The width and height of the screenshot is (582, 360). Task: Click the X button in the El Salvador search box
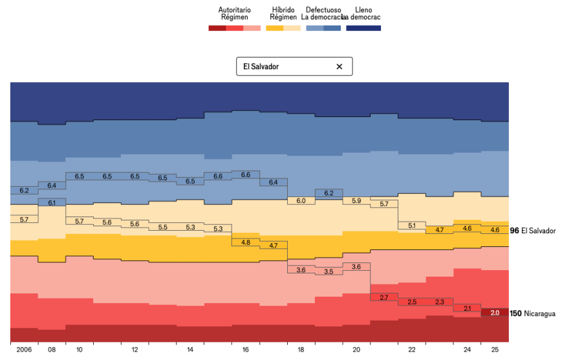pyautogui.click(x=339, y=67)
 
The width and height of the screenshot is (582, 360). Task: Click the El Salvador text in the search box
pyautogui.click(x=261, y=67)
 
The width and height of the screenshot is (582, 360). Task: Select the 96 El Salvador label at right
pyautogui.click(x=533, y=231)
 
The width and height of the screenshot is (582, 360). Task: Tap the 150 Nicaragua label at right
pyautogui.click(x=533, y=313)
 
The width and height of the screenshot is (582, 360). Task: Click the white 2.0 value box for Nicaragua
pyautogui.click(x=495, y=313)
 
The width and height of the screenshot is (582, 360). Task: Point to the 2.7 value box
pyautogui.click(x=383, y=297)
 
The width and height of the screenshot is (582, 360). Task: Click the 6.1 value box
pyautogui.click(x=52, y=202)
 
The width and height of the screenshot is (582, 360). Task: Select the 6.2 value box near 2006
pyautogui.click(x=24, y=191)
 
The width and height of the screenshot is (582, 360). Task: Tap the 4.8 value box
pyautogui.click(x=246, y=242)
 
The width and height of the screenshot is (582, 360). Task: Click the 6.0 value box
pyautogui.click(x=301, y=201)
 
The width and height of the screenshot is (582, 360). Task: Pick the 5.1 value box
pyautogui.click(x=411, y=226)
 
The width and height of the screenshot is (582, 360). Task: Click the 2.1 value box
pyautogui.click(x=467, y=308)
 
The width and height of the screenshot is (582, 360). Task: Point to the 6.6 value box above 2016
pyautogui.click(x=246, y=175)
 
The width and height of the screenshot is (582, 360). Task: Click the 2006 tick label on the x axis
pyautogui.click(x=24, y=350)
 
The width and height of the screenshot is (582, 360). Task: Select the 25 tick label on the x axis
pyautogui.click(x=495, y=350)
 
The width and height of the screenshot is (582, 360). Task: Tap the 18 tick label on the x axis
pyautogui.click(x=301, y=350)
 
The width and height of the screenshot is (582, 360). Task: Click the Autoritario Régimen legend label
pyautogui.click(x=234, y=14)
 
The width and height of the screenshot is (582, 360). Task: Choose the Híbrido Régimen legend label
pyautogui.click(x=283, y=14)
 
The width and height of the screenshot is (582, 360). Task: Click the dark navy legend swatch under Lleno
pyautogui.click(x=363, y=28)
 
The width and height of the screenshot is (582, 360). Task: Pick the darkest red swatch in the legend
pyautogui.click(x=217, y=28)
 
